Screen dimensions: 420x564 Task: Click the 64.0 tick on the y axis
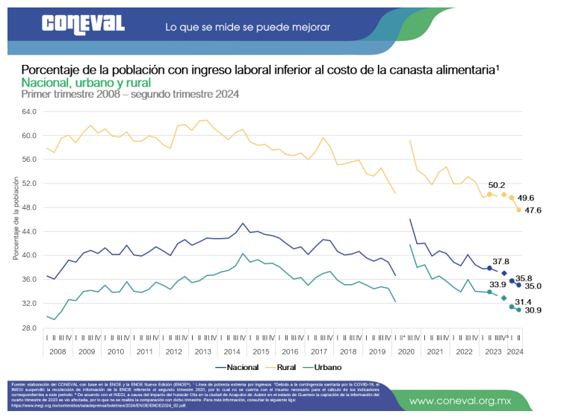(29, 112)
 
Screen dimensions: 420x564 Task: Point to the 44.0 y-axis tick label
(29, 231)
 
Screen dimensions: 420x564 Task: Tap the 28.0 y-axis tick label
(29, 327)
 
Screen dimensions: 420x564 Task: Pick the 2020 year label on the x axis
(408, 351)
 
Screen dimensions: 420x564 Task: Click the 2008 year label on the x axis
(58, 351)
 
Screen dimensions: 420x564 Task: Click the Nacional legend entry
(237, 368)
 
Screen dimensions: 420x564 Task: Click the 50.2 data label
(498, 184)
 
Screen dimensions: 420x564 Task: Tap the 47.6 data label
(533, 211)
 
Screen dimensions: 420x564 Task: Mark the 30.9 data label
(533, 310)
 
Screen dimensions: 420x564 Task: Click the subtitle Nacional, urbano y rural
(86, 82)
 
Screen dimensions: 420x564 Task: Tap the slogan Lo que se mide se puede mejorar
(247, 27)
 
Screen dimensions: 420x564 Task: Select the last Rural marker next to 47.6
(518, 210)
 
